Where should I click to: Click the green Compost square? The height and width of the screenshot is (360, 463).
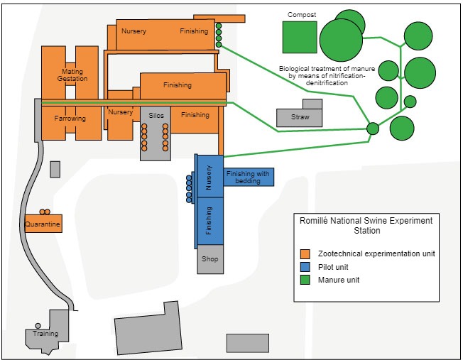300,37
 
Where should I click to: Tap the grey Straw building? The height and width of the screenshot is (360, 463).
300,117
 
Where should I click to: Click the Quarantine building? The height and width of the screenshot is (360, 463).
43,224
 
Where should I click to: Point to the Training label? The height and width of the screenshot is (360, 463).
45,334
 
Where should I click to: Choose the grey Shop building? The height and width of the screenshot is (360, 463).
210,259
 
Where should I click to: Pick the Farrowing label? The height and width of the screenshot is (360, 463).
70,119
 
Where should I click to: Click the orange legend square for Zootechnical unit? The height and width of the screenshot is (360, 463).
305,253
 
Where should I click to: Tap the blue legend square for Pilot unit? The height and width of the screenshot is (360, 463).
305,267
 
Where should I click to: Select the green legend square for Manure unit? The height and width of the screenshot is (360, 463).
305,280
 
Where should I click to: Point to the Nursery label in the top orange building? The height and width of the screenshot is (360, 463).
134,31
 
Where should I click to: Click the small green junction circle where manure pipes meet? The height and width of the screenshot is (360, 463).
373,129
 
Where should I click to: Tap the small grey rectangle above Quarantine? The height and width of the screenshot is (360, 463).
55,169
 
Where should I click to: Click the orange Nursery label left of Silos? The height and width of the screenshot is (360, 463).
121,112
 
